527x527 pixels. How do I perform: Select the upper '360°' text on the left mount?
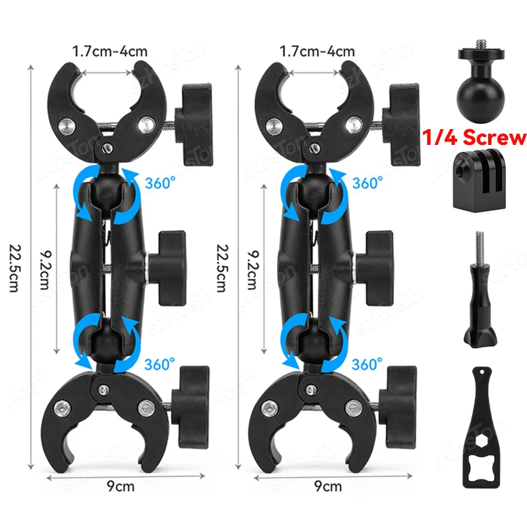click(x=162, y=181)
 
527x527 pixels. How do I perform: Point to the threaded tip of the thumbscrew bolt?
click(x=473, y=241)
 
